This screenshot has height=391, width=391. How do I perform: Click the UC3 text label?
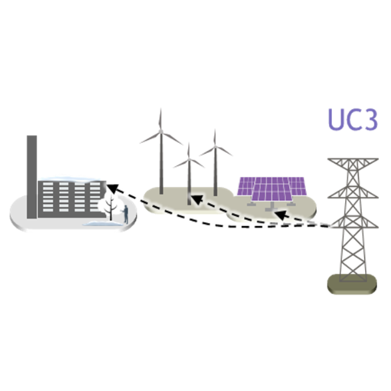tap(353, 120)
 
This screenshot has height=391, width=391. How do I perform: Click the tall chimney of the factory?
tap(32, 177)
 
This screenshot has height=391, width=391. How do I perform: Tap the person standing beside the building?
tap(126, 214)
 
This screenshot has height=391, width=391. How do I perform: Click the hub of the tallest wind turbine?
tap(161, 131)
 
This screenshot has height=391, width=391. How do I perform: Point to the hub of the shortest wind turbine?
tap(189, 159)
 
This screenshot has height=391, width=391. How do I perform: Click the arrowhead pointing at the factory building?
tap(112, 189)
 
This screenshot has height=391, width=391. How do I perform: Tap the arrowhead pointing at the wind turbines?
tap(197, 199)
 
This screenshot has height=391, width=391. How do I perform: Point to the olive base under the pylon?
tap(352, 284)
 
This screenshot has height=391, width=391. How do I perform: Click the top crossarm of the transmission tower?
tap(353, 160)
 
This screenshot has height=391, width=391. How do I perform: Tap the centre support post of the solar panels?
tap(272, 206)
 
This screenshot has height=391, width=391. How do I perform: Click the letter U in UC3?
tap(336, 120)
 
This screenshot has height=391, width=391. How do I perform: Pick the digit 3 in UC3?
tap(371, 120)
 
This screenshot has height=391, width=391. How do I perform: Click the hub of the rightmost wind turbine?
tap(215, 146)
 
